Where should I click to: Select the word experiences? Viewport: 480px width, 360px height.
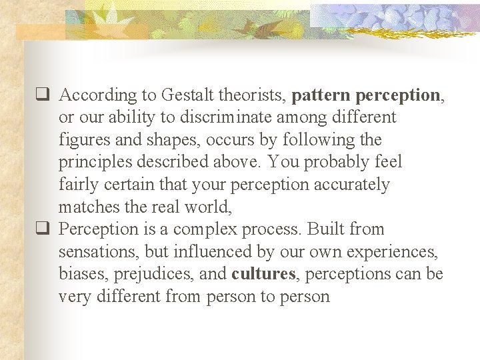click(x=389, y=251)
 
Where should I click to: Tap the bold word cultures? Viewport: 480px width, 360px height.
click(x=263, y=273)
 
